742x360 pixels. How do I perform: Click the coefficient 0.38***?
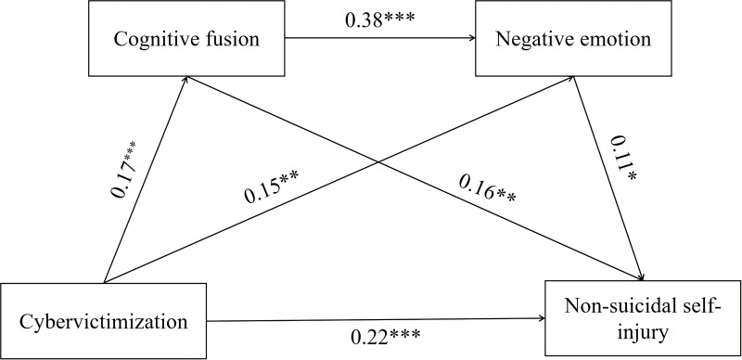click(x=379, y=20)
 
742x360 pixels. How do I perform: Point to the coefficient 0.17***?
click(x=124, y=169)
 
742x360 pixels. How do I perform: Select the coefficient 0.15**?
click(x=272, y=187)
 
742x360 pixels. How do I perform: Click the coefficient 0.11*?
click(x=621, y=159)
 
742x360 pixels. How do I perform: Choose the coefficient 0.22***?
click(x=385, y=337)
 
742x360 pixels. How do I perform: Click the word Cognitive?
click(x=153, y=39)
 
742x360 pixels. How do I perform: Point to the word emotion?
click(x=618, y=39)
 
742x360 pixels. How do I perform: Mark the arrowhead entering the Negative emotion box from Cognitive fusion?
click(x=472, y=38)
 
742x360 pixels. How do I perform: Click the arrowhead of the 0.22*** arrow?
click(x=542, y=318)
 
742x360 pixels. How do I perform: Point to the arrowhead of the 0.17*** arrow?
click(x=186, y=79)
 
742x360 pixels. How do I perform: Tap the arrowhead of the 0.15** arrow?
click(x=571, y=79)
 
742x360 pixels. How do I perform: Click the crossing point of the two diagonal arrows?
click(x=378, y=162)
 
